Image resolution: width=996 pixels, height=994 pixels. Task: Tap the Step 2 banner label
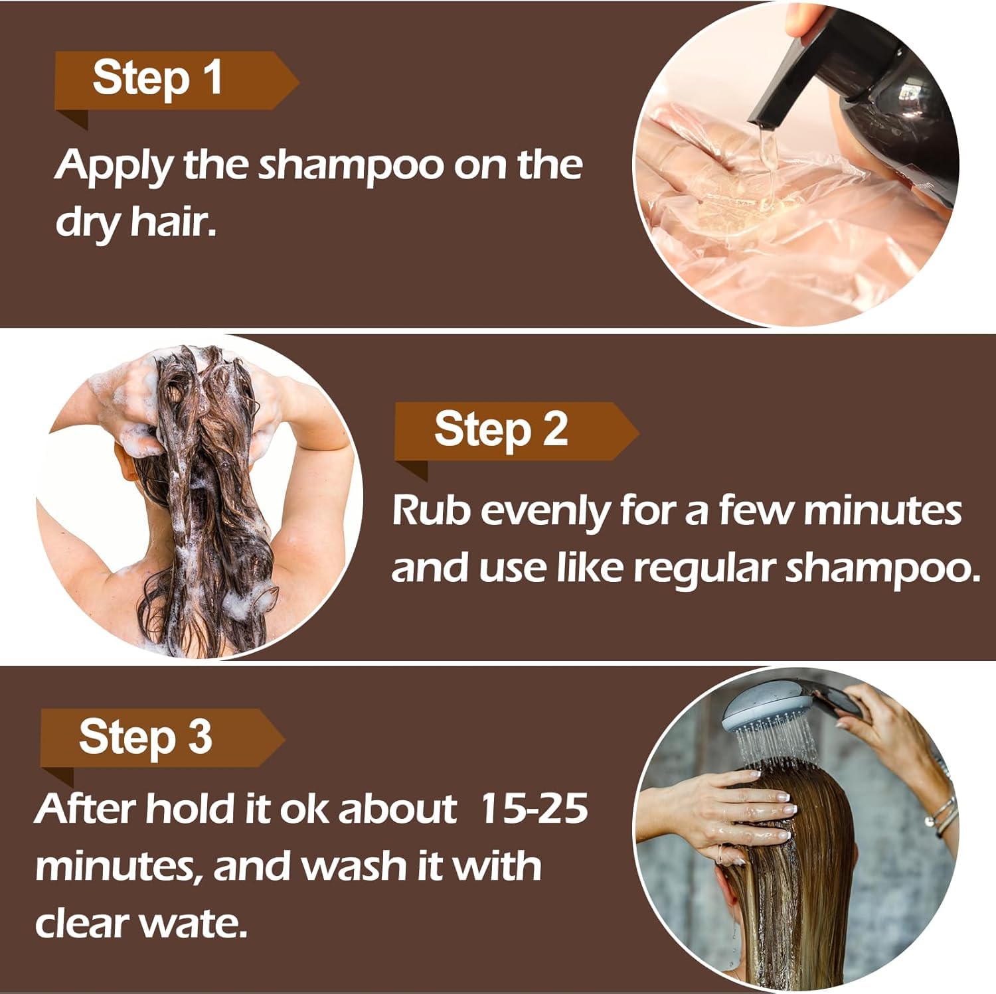point(501,431)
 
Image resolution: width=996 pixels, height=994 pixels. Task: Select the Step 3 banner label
point(145,737)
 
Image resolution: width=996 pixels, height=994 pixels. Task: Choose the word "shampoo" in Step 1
point(351,165)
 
